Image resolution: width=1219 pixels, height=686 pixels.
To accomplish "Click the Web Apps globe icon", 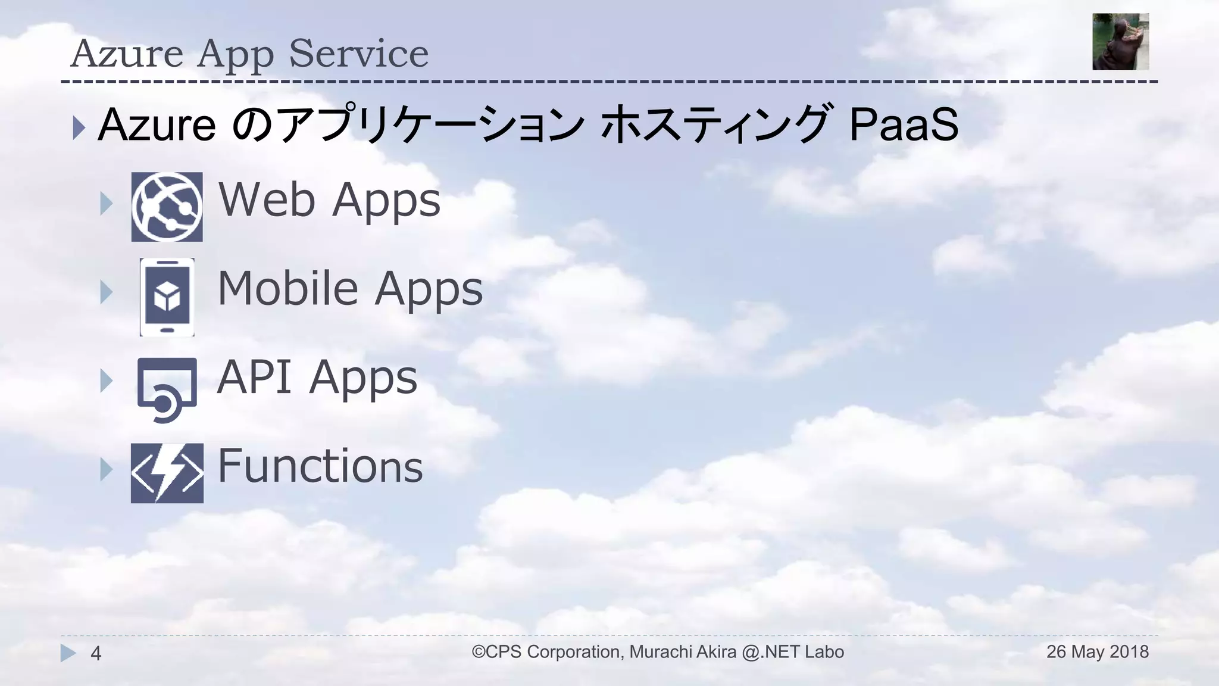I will coord(167,207).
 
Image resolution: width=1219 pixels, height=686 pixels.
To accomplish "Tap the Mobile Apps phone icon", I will coord(167,297).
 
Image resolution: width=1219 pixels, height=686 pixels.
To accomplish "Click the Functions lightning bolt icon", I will coord(167,473).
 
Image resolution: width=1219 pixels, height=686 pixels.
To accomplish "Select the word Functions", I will coord(320,466).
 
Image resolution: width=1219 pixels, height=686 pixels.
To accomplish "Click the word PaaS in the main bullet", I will coord(903,125).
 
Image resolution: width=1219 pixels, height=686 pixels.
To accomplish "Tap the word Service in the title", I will coord(358,54).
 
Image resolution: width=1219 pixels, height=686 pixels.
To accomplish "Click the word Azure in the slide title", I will coord(127,54).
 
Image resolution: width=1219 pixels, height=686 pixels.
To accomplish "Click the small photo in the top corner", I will coord(1120,42).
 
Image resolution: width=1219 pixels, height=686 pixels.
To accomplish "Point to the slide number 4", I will coord(95,654).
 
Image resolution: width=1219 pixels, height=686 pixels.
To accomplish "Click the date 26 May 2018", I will coord(1097,651).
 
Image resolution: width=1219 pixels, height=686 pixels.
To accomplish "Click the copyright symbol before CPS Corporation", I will coord(479,651).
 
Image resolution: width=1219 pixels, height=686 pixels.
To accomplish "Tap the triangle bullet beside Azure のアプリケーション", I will coord(79,127).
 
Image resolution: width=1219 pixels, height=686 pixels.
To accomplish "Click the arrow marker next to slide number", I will coord(68,653).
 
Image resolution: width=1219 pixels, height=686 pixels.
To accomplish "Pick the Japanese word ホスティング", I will coord(715,125).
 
